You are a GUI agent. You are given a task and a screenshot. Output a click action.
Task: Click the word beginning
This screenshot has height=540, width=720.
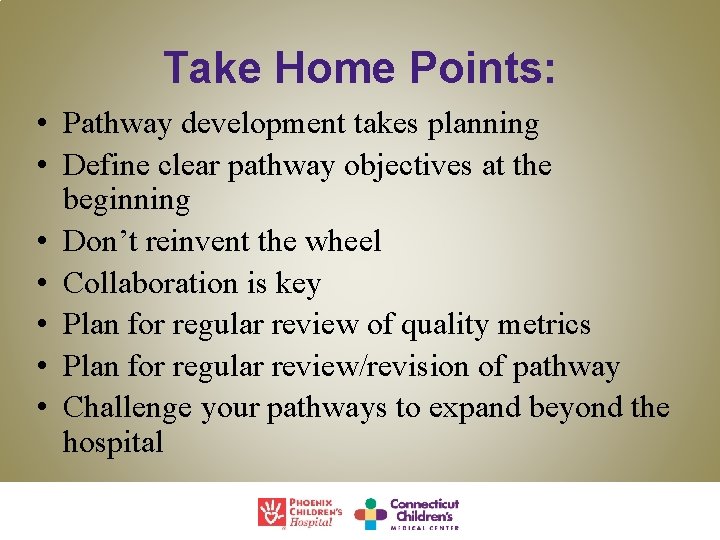(125, 200)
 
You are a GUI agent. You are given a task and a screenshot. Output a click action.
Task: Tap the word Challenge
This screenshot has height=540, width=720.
(127, 409)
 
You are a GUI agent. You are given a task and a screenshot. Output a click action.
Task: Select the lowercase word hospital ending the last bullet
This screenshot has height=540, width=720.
(112, 443)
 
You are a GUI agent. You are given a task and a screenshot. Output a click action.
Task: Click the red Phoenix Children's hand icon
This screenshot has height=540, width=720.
(271, 512)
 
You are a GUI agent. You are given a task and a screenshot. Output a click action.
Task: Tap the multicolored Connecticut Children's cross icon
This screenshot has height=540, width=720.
(370, 513)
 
